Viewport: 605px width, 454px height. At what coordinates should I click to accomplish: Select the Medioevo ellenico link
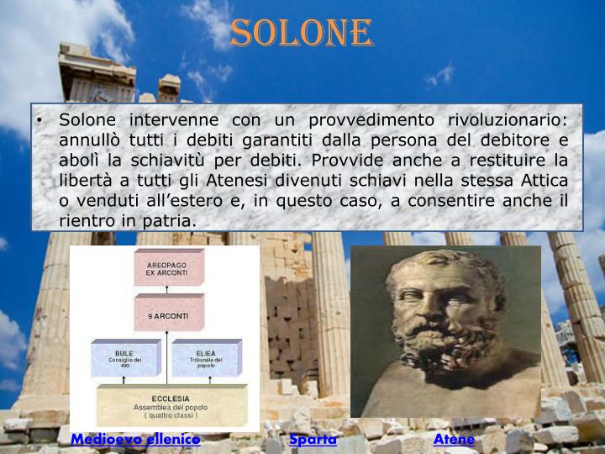coord(135,439)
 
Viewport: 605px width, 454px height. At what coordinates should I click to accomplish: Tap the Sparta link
coord(313,439)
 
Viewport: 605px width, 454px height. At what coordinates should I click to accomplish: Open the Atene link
coord(455,439)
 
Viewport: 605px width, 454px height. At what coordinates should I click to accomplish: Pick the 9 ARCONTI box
coord(169,315)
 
